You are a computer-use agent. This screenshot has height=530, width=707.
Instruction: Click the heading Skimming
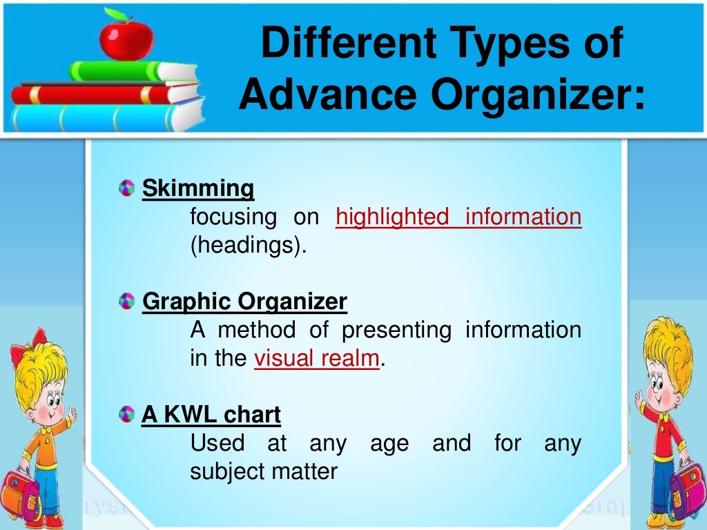pyautogui.click(x=198, y=188)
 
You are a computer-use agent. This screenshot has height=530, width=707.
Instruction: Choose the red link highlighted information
pyautogui.click(x=458, y=217)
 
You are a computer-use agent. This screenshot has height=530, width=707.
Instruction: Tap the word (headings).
pyautogui.click(x=248, y=246)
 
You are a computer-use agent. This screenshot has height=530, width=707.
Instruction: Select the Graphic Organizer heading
pyautogui.click(x=244, y=302)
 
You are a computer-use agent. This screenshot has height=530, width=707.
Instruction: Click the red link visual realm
pyautogui.click(x=317, y=359)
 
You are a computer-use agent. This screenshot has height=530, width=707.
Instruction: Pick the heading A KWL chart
pyautogui.click(x=211, y=415)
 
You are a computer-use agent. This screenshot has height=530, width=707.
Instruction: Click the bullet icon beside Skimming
pyautogui.click(x=126, y=188)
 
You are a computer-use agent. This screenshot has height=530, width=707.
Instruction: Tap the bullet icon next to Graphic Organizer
pyautogui.click(x=126, y=302)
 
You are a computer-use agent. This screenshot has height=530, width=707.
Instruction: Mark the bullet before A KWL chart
pyautogui.click(x=126, y=415)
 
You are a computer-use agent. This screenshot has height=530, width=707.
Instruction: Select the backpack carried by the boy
pyautogui.click(x=686, y=483)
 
